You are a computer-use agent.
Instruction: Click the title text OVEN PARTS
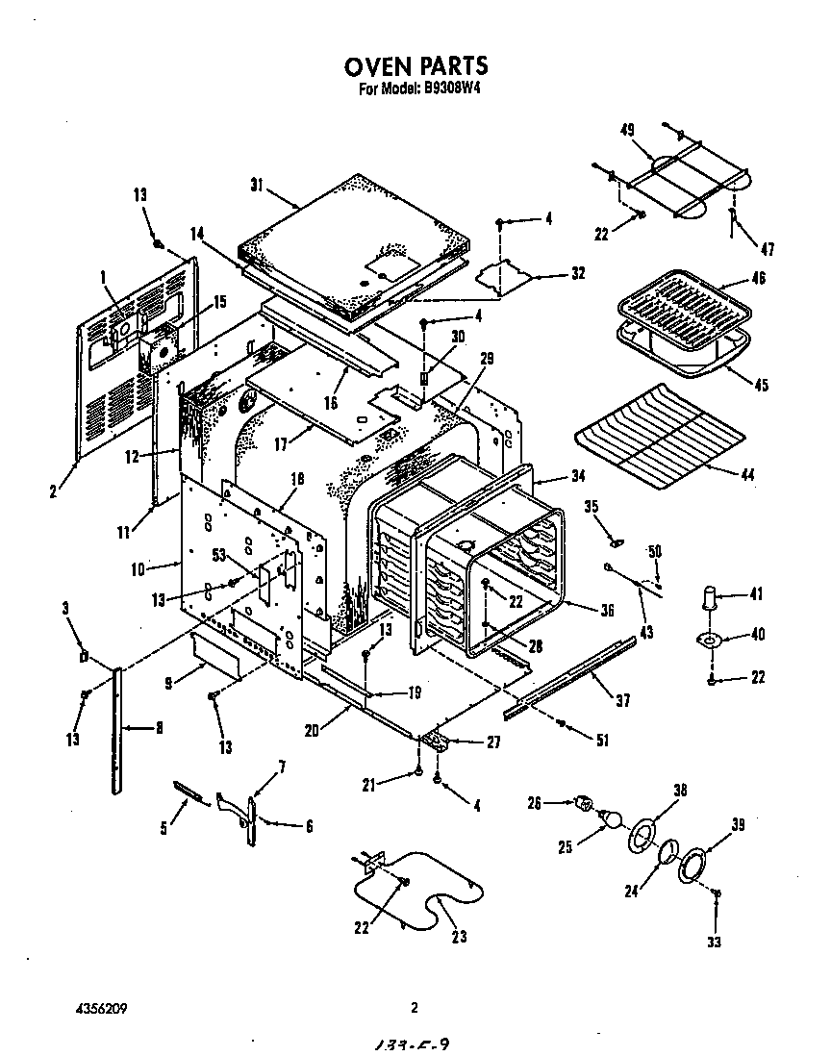(415, 65)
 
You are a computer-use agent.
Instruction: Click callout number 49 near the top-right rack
(626, 131)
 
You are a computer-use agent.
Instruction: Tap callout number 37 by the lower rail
(623, 700)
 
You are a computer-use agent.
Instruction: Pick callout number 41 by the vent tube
(756, 594)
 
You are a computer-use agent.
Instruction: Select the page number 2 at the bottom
(415, 1009)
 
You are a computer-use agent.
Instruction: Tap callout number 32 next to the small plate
(577, 273)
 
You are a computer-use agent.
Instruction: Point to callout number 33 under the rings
(713, 942)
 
